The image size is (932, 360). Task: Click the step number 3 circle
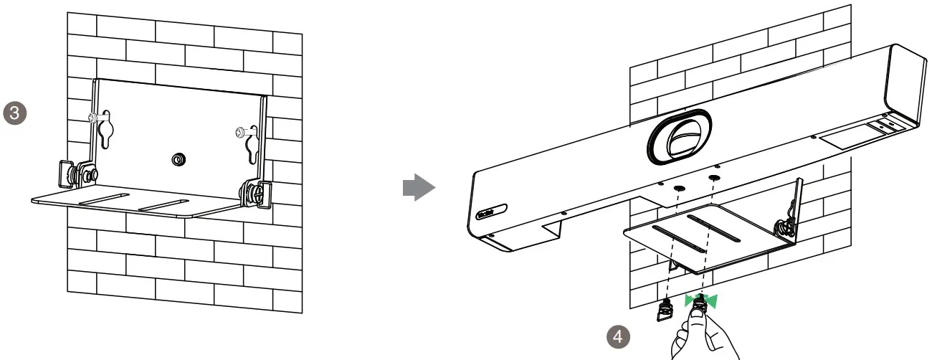coord(15,113)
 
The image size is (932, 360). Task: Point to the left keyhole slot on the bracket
coord(107,129)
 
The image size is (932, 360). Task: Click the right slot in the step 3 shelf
coord(164,205)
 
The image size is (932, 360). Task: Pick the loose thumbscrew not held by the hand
coord(665,311)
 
